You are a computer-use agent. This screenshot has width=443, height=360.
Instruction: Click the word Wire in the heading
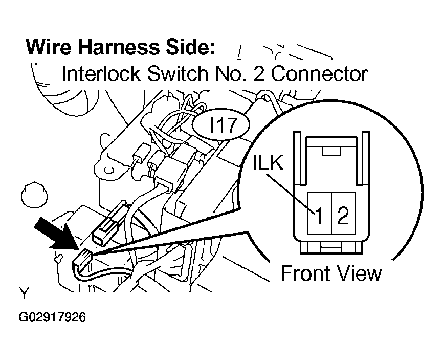(x=49, y=47)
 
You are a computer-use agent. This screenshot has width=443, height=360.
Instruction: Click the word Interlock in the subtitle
(x=101, y=74)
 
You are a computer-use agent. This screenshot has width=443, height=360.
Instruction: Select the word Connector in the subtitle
(x=319, y=74)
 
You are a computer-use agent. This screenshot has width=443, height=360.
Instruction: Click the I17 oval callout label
(x=221, y=125)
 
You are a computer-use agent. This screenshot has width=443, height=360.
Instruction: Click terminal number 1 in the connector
(x=319, y=216)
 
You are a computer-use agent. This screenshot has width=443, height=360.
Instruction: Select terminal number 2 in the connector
(x=343, y=216)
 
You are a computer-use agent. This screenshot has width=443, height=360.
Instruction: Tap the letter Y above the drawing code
(x=24, y=293)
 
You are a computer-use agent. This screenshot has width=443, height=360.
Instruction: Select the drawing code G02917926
(x=52, y=317)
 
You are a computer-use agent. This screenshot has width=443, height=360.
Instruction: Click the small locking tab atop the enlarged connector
(x=331, y=151)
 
